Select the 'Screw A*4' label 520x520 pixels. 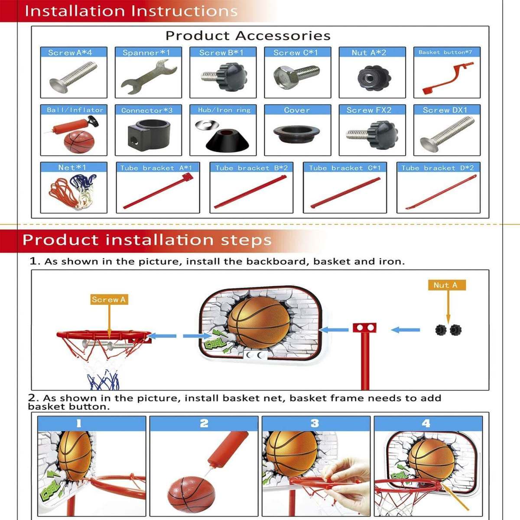(70, 52)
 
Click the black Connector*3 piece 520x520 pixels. (148, 133)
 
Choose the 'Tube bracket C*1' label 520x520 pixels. (344, 168)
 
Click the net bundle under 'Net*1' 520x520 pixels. (73, 191)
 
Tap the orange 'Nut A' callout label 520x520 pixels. (445, 285)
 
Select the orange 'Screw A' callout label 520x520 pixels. (108, 299)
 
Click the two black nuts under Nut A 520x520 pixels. (448, 330)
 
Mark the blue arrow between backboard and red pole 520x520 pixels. (334, 330)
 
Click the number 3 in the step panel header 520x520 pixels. (315, 423)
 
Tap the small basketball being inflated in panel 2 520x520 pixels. (191, 494)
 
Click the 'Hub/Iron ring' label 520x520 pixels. (224, 110)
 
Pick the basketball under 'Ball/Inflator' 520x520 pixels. (78, 141)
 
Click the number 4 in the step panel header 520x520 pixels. (426, 423)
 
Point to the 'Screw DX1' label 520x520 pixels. (445, 110)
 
